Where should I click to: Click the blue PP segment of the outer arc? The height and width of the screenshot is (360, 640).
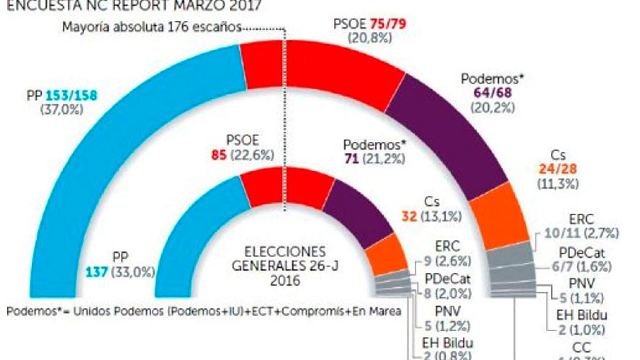(x=101, y=152)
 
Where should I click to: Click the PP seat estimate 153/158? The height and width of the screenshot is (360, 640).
(x=71, y=95)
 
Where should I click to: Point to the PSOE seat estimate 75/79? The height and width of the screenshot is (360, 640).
(x=388, y=24)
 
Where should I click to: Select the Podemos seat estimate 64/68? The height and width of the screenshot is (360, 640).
(x=492, y=93)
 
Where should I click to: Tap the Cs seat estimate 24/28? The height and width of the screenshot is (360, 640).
(x=558, y=169)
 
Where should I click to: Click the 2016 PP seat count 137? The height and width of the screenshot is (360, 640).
(x=97, y=272)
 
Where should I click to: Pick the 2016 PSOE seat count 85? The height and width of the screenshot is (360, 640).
(x=219, y=155)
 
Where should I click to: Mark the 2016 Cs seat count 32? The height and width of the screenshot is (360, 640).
(x=409, y=217)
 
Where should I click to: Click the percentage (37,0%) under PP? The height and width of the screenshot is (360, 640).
(x=62, y=110)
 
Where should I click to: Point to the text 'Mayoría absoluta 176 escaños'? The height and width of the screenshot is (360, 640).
(x=152, y=27)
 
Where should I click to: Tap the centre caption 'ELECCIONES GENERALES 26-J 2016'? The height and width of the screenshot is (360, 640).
(x=285, y=266)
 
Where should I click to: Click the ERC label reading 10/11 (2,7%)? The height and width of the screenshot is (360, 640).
(x=581, y=233)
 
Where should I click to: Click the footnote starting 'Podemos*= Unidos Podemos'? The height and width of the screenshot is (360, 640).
(x=204, y=311)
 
